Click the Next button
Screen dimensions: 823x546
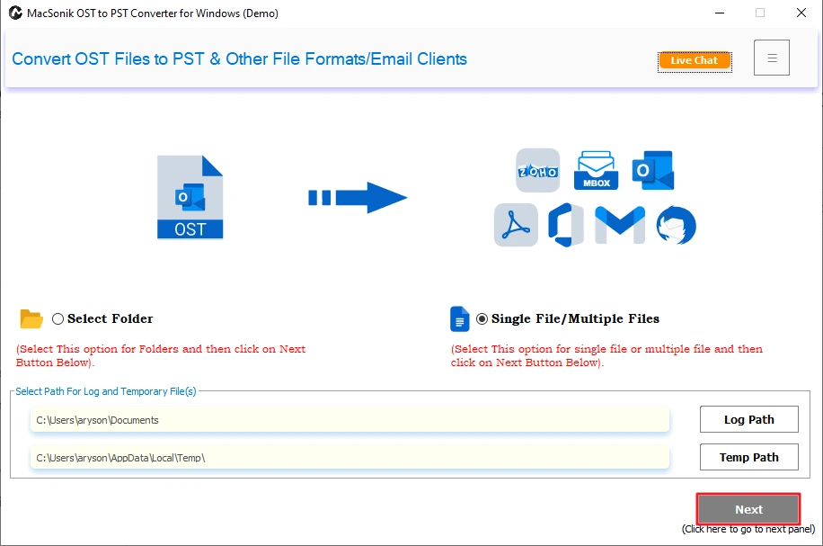tap(748, 509)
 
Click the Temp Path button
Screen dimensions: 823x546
tap(749, 457)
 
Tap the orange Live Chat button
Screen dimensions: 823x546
tap(695, 60)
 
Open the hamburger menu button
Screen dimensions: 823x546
tap(772, 58)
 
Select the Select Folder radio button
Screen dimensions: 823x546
tap(58, 319)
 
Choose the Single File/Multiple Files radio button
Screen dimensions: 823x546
tap(482, 319)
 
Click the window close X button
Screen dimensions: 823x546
tap(801, 13)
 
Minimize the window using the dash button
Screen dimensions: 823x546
tap(720, 13)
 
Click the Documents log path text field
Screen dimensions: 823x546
tap(350, 420)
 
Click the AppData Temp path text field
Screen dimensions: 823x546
tap(350, 457)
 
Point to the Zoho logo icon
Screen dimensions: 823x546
tap(538, 170)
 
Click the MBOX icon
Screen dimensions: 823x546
tap(597, 170)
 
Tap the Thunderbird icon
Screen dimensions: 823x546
tap(676, 226)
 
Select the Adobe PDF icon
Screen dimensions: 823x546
tap(516, 225)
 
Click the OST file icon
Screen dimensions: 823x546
tap(190, 197)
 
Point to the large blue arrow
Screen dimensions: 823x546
tap(358, 198)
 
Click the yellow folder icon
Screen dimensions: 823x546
tap(31, 319)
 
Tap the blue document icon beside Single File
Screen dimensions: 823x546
tap(460, 319)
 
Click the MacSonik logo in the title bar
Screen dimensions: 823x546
tap(15, 13)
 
